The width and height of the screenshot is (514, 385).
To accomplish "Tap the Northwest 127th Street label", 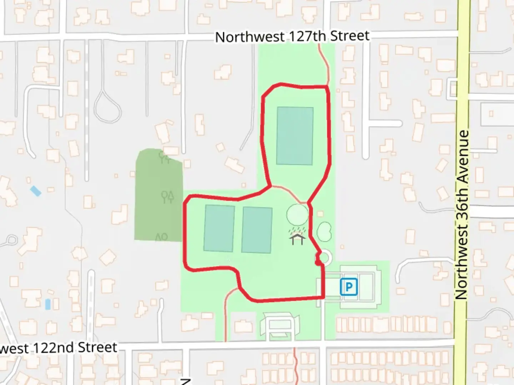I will (x=292, y=36).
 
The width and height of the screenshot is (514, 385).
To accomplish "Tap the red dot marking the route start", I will (x=317, y=263).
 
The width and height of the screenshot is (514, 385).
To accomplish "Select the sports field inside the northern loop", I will (x=295, y=136).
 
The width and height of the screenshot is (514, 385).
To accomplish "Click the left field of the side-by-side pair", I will (x=219, y=228).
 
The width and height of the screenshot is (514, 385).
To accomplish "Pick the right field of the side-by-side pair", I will (x=257, y=230).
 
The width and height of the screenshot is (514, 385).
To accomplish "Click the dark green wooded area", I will (x=158, y=196).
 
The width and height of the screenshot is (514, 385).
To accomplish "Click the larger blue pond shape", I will (x=36, y=191).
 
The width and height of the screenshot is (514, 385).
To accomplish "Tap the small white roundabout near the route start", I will (x=325, y=257).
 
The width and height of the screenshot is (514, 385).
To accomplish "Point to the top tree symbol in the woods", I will (x=164, y=157).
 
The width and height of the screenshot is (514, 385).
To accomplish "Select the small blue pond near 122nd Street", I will (x=48, y=304).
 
